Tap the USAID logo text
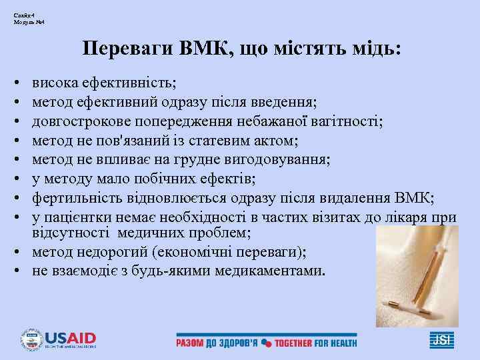[x=70, y=337]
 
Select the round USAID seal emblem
[x=31, y=339]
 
